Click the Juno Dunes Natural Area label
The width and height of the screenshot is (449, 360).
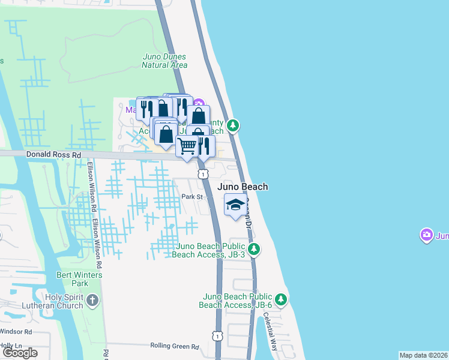[x=164, y=61]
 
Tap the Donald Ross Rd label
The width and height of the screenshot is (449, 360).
[x=53, y=154]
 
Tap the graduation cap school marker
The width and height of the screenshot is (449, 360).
[x=235, y=205]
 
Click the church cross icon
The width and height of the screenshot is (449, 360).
[x=92, y=300]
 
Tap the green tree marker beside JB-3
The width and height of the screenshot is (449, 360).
[x=254, y=248]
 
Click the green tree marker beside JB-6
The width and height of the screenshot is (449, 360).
[x=280, y=299]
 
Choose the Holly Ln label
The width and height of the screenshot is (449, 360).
[x=10, y=346]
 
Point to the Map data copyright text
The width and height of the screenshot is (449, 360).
[x=423, y=355]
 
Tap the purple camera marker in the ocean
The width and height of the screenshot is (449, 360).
[x=427, y=235]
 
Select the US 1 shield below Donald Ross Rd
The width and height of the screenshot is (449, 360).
[x=203, y=174]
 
